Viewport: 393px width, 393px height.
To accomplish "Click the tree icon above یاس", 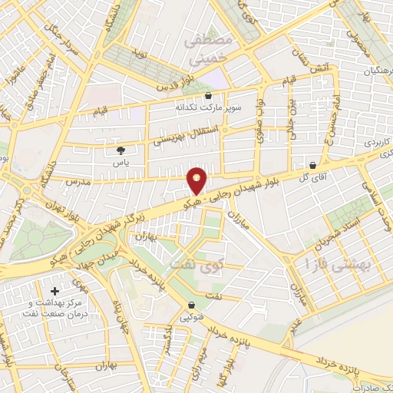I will (x=119, y=150).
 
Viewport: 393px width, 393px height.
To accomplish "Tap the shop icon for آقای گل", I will (x=312, y=165).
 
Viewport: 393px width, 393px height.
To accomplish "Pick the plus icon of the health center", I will (x=54, y=292).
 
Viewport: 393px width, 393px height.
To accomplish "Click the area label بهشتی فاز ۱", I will (x=337, y=264).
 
